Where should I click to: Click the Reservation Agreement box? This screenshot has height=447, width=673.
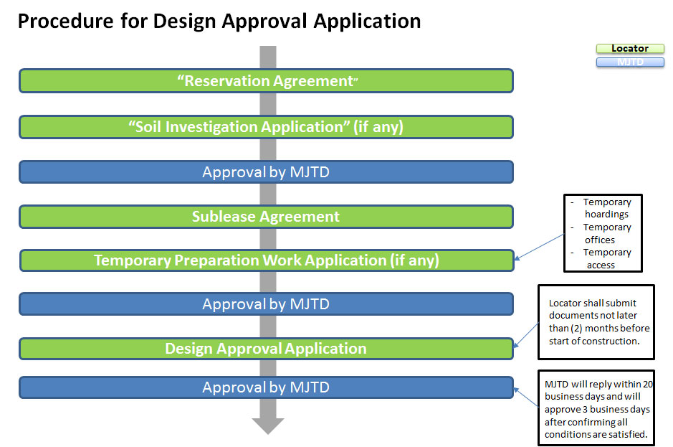(x=266, y=81)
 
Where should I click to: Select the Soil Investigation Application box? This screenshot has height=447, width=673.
(x=266, y=127)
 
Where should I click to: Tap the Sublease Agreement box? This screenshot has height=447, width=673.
(x=266, y=217)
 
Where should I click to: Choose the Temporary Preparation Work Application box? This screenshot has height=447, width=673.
(x=266, y=260)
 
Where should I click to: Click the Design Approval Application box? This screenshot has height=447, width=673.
(x=266, y=349)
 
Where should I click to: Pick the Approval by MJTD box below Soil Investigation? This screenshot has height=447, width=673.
(x=266, y=172)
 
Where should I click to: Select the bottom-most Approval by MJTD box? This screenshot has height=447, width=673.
(x=266, y=387)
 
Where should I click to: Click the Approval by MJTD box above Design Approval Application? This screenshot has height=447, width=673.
(x=266, y=304)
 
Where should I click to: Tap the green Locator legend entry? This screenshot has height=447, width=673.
(x=630, y=49)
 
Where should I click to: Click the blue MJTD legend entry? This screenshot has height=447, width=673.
(x=630, y=62)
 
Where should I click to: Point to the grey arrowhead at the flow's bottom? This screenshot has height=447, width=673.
(x=267, y=425)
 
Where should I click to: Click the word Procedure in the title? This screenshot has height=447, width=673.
(x=64, y=22)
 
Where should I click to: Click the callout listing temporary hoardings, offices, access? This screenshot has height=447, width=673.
(x=603, y=233)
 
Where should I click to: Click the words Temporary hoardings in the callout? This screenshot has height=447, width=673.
(x=606, y=208)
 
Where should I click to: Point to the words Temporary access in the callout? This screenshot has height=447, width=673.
(x=606, y=258)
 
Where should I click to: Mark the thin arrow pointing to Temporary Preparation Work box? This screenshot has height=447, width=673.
(x=540, y=248)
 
